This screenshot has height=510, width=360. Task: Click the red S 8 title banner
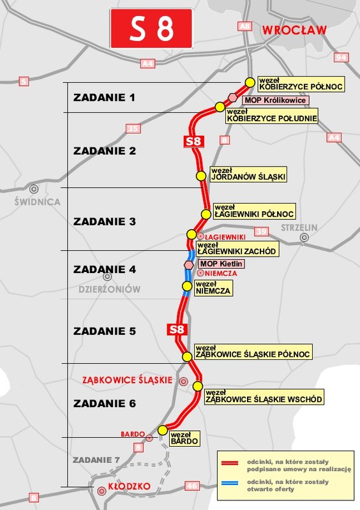pyautogui.click(x=151, y=28)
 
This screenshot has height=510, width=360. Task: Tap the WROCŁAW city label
pyautogui.click(x=294, y=29)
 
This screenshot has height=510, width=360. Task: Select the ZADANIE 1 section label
pyautogui.click(x=105, y=98)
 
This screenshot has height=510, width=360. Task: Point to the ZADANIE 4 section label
pyautogui.click(x=105, y=270)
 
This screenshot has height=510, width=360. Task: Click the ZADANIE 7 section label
pyautogui.click(x=96, y=460)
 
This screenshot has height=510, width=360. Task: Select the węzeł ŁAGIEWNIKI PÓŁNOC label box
pyautogui.click(x=253, y=211)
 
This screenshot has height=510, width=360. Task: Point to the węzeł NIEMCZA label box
pyautogui.click(x=213, y=288)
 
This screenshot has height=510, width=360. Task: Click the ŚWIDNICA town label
pyautogui.click(x=37, y=202)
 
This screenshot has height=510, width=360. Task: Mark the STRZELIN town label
pyautogui.click(x=303, y=227)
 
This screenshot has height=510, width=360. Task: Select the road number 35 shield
pyautogui.click(x=133, y=130)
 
